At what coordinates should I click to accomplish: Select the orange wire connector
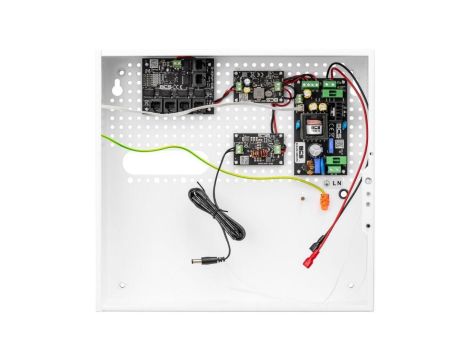(x=322, y=200)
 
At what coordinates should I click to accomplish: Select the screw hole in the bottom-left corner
(x=122, y=284)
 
